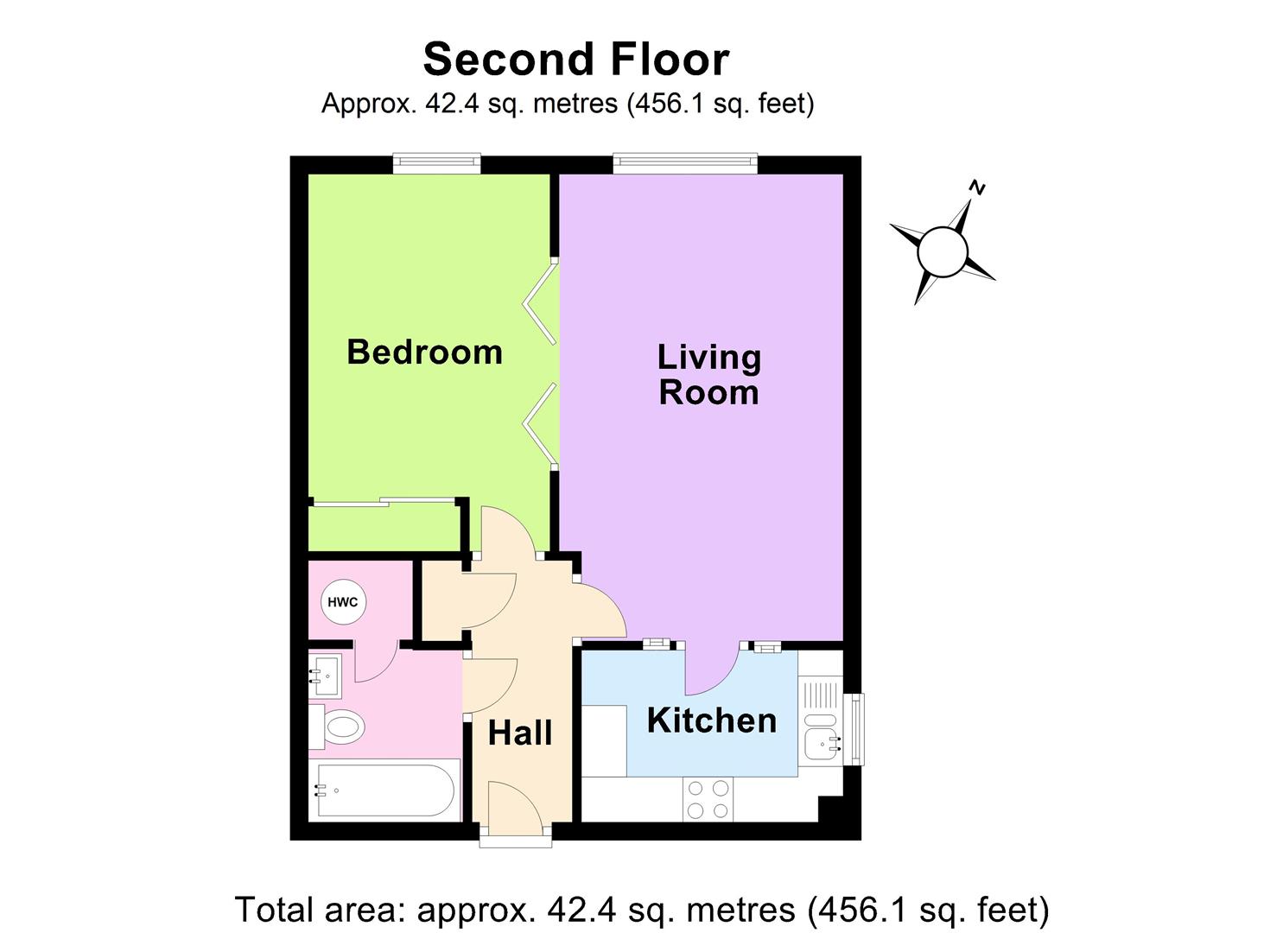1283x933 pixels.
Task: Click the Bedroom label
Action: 424,352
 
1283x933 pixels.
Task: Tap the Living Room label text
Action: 708,375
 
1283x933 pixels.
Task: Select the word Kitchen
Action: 711,720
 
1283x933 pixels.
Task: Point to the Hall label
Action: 519,733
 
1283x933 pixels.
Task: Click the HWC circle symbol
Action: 343,602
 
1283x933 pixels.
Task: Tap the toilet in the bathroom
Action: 340,727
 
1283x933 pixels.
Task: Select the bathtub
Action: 384,790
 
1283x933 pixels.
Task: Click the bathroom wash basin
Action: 326,675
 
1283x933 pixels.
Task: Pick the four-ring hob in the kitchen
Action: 708,799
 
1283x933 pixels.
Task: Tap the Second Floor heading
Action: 576,60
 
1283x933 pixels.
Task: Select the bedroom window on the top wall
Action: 436,163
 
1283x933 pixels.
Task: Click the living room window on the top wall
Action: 685,163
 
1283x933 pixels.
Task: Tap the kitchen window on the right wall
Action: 854,729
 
